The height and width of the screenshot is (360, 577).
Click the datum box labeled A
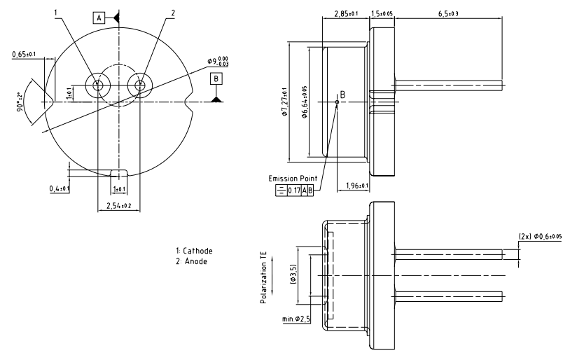pyautogui.click(x=99, y=18)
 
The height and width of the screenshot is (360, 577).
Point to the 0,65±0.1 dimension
pyautogui.click(x=25, y=54)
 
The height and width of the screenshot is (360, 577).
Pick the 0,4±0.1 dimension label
pyautogui.click(x=59, y=189)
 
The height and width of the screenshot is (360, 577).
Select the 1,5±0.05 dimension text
pyautogui.click(x=381, y=13)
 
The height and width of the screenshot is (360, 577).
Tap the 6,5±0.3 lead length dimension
pyautogui.click(x=448, y=13)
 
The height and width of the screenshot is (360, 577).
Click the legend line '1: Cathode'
pyautogui.click(x=194, y=250)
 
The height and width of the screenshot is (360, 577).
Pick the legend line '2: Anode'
pyautogui.click(x=191, y=261)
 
